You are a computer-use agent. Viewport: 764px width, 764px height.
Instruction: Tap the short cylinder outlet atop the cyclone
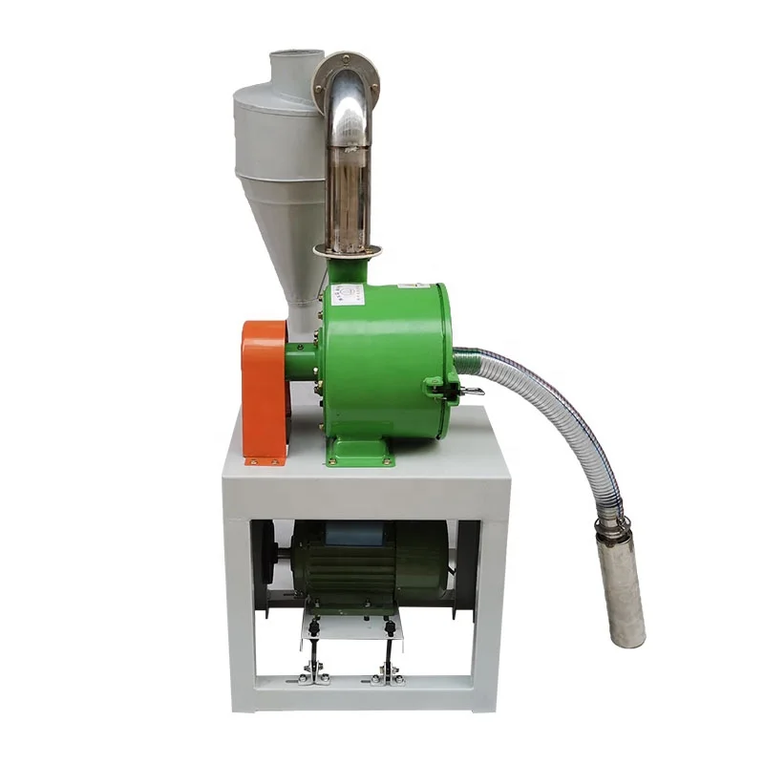click(x=290, y=67)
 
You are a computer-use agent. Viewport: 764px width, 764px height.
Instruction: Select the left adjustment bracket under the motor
click(x=310, y=659)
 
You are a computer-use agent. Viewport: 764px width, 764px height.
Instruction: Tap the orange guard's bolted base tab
click(x=264, y=459)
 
